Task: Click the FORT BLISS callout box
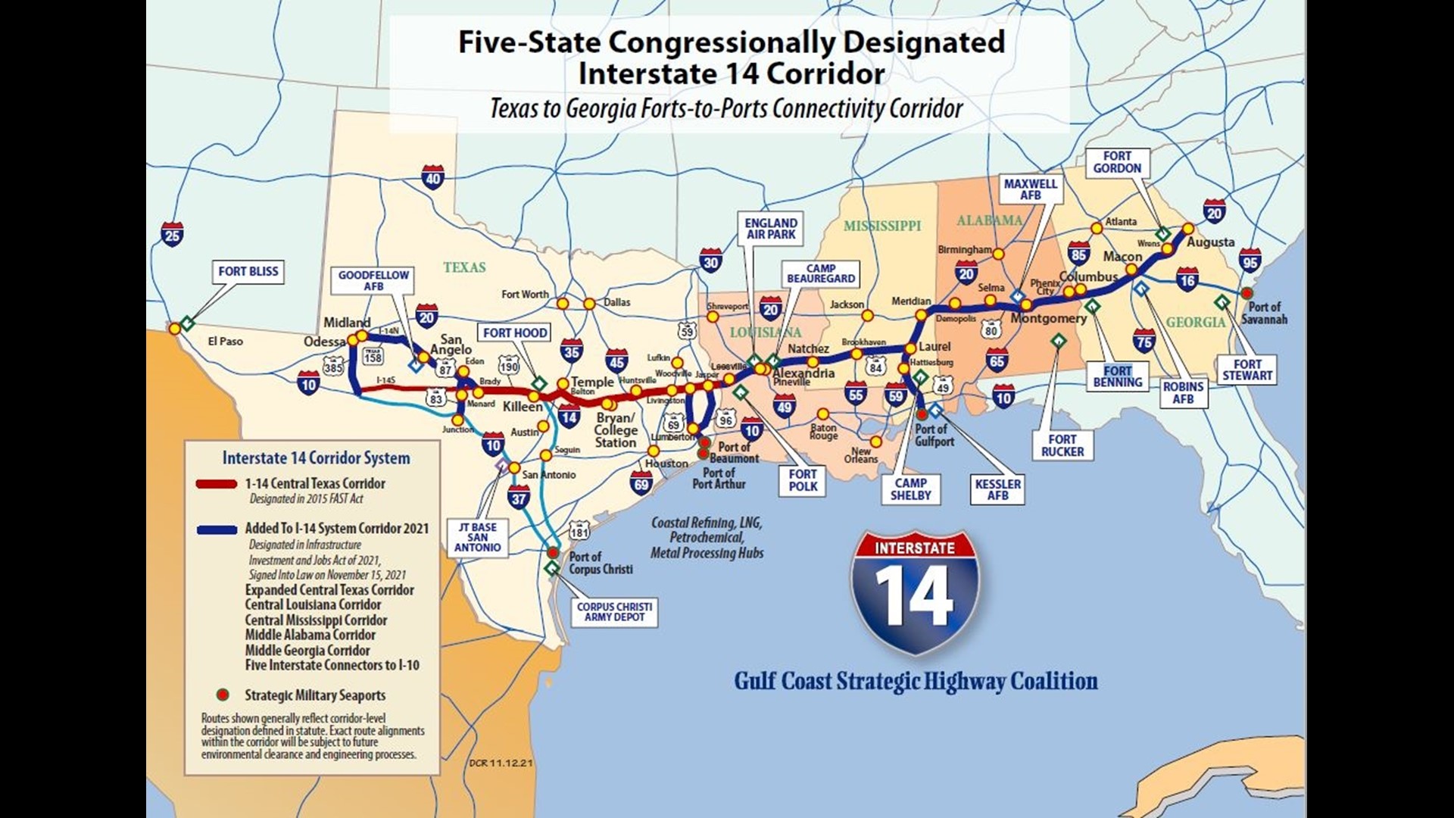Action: pyautogui.click(x=248, y=271)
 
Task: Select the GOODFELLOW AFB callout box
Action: pyautogui.click(x=373, y=280)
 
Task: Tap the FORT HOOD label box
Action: pyautogui.click(x=515, y=333)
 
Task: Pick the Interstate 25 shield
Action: pyautogui.click(x=172, y=234)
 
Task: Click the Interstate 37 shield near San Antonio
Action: pyautogui.click(x=519, y=498)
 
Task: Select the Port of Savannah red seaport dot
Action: pyautogui.click(x=1247, y=293)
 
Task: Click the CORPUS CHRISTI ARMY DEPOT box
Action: pyautogui.click(x=614, y=612)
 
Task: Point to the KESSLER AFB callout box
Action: pyautogui.click(x=997, y=489)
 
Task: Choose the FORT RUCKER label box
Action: pyautogui.click(x=1062, y=445)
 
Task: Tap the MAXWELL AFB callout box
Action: pyautogui.click(x=1030, y=189)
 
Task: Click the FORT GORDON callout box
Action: pyautogui.click(x=1117, y=162)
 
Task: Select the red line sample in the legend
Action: pyautogui.click(x=217, y=484)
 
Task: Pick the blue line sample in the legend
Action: pyautogui.click(x=217, y=529)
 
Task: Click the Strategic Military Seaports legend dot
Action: pyautogui.click(x=222, y=695)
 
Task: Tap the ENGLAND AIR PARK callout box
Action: pyautogui.click(x=771, y=229)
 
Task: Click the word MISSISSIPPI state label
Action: pyautogui.click(x=882, y=226)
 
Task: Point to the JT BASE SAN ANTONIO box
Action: pyautogui.click(x=478, y=537)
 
